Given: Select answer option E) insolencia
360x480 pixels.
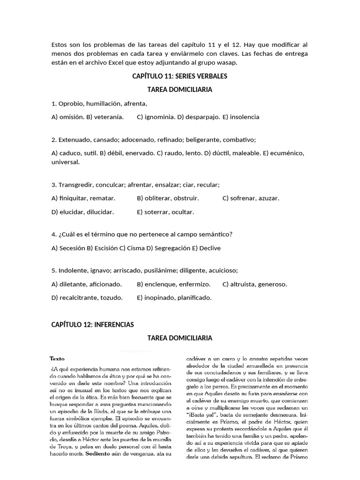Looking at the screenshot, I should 241,117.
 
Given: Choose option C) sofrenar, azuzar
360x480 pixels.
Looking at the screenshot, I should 251,198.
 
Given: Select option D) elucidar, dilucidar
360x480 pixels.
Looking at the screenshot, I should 82,212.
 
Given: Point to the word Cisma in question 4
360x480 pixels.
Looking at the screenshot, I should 135,248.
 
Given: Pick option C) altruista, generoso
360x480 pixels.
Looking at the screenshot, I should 255,284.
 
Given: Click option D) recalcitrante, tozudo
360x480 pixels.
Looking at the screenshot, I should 87,298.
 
